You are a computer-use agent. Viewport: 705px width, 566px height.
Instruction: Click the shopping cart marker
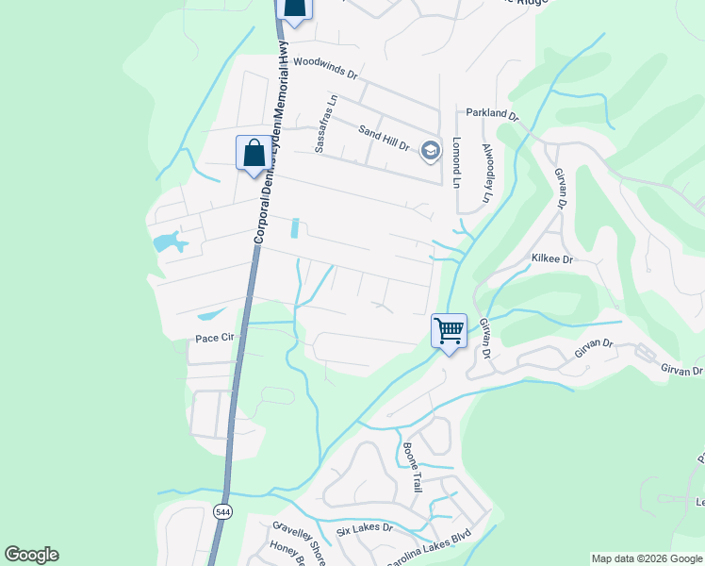(450, 331)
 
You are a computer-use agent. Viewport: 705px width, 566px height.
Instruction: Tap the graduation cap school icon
(431, 150)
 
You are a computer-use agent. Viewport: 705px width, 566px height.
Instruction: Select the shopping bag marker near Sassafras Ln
(254, 153)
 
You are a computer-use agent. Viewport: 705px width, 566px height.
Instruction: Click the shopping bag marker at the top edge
(295, 8)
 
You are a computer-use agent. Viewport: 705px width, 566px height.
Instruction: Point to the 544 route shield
(222, 511)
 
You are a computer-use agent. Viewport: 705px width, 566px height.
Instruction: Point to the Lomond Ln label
(456, 159)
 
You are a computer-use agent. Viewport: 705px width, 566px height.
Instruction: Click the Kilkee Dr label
(552, 258)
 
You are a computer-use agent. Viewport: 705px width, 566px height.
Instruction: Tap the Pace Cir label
(213, 337)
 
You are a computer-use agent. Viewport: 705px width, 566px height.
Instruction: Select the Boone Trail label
(412, 467)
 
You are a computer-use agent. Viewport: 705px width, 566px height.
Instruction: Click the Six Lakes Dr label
(364, 528)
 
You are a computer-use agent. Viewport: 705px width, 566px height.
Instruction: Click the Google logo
(31, 555)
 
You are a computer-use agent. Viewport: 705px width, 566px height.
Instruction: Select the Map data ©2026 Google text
(646, 558)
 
